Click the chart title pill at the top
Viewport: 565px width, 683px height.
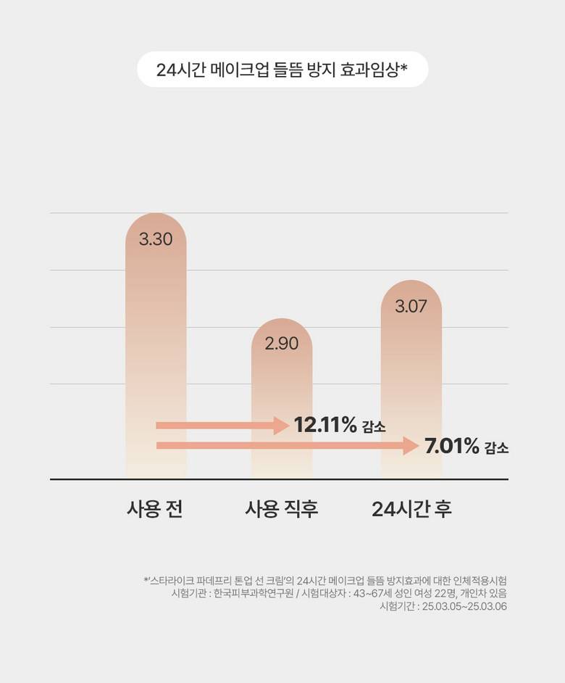point(282,70)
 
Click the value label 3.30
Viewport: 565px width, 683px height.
point(156,239)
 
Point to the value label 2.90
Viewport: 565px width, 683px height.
point(282,344)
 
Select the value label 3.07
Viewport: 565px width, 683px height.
point(411,306)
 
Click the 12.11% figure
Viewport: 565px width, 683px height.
point(325,426)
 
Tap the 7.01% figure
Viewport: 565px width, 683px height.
point(452,446)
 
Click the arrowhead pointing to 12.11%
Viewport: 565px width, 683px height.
point(282,426)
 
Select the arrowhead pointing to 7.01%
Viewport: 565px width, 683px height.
point(412,446)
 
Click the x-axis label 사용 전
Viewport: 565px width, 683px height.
point(154,509)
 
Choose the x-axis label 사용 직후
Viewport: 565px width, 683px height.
point(282,509)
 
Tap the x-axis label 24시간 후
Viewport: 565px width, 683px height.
point(411,509)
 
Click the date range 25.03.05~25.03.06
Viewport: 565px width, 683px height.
point(463,607)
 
